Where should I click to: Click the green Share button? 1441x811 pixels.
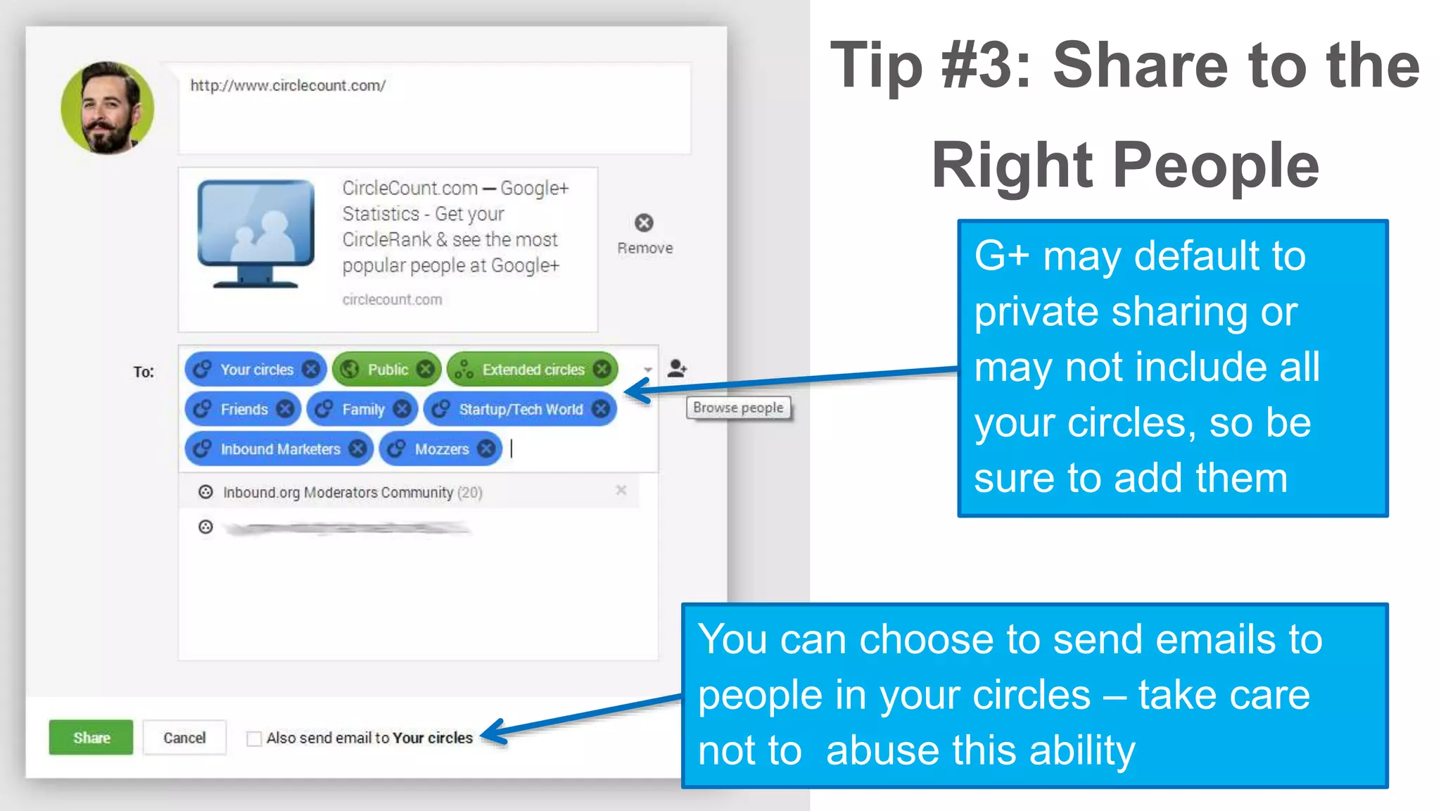pyautogui.click(x=91, y=737)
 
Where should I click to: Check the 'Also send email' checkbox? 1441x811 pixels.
pyautogui.click(x=254, y=738)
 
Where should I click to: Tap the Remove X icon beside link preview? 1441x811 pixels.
pyautogui.click(x=644, y=223)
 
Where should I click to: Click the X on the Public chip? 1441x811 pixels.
pyautogui.click(x=425, y=369)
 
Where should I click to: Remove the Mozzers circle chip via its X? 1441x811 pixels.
pyautogui.click(x=486, y=448)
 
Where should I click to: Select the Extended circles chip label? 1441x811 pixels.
pyautogui.click(x=533, y=370)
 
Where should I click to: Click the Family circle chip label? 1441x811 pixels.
pyautogui.click(x=363, y=409)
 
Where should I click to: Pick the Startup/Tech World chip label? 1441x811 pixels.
pyautogui.click(x=521, y=409)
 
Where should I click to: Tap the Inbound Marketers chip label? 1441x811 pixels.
pyautogui.click(x=280, y=449)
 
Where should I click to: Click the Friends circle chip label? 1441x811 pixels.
pyautogui.click(x=244, y=409)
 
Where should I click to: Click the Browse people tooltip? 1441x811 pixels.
pyautogui.click(x=738, y=408)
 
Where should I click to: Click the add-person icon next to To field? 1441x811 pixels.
pyautogui.click(x=677, y=368)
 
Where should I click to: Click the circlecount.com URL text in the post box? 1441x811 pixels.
pyautogui.click(x=288, y=85)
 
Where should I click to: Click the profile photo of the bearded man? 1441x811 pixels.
pyautogui.click(x=108, y=108)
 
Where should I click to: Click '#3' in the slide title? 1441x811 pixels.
pyautogui.click(x=986, y=65)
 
